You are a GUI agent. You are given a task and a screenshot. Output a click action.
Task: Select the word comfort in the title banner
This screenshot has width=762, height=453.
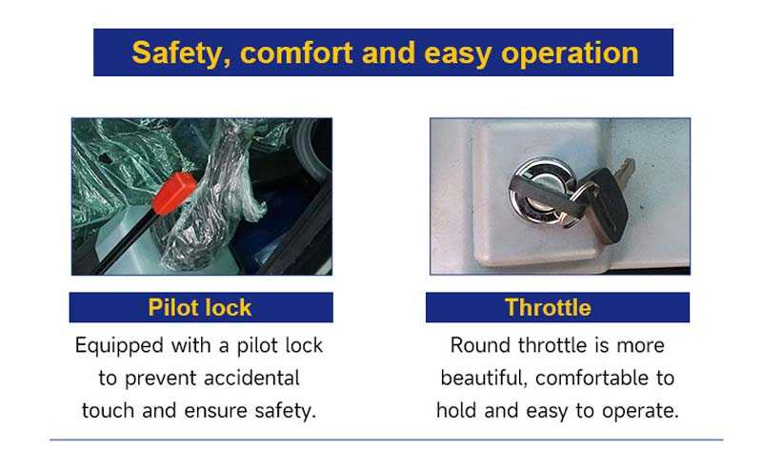[296, 52]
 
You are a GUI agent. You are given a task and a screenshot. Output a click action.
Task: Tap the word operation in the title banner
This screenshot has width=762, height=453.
[570, 53]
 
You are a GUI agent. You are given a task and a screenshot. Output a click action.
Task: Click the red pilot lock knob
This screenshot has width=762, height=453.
[174, 193]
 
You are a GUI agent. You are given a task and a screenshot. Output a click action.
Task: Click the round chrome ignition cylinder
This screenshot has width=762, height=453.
[540, 191]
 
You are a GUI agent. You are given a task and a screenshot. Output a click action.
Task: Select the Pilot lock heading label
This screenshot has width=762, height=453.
[200, 307]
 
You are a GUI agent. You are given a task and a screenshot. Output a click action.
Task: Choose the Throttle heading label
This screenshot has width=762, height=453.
[548, 307]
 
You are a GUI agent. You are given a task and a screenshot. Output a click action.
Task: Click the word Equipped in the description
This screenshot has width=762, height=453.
[119, 346]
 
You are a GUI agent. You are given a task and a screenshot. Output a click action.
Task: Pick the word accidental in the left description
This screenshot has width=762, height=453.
[251, 378]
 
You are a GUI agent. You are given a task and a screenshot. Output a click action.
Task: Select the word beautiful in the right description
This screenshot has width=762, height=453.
[484, 379]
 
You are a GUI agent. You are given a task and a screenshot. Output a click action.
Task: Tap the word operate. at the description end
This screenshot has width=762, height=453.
[640, 412]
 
